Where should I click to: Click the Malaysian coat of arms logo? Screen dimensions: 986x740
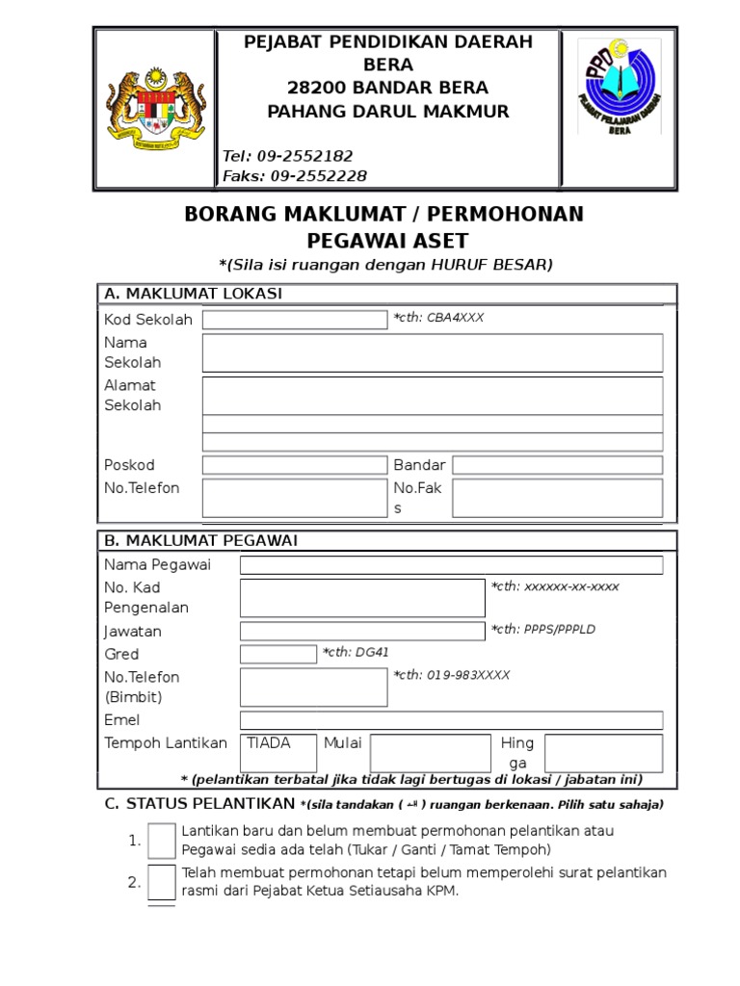[154, 108]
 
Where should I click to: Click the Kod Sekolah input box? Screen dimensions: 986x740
[294, 320]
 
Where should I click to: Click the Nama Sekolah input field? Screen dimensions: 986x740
[432, 352]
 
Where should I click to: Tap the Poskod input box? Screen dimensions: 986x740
[294, 465]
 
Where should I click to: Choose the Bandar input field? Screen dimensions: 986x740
[557, 465]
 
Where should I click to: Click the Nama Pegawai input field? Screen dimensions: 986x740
[451, 564]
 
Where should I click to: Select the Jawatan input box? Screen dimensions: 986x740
[362, 631]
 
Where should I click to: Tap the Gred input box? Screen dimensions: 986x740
[277, 654]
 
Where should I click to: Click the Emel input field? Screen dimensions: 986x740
[451, 720]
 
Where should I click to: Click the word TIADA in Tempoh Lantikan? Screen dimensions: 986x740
[268, 742]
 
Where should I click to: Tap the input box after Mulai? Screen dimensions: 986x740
[430, 753]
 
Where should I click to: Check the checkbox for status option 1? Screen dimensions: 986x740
[162, 841]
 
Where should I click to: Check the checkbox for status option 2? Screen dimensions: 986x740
[162, 882]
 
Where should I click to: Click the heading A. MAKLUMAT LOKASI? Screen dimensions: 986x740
[193, 294]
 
